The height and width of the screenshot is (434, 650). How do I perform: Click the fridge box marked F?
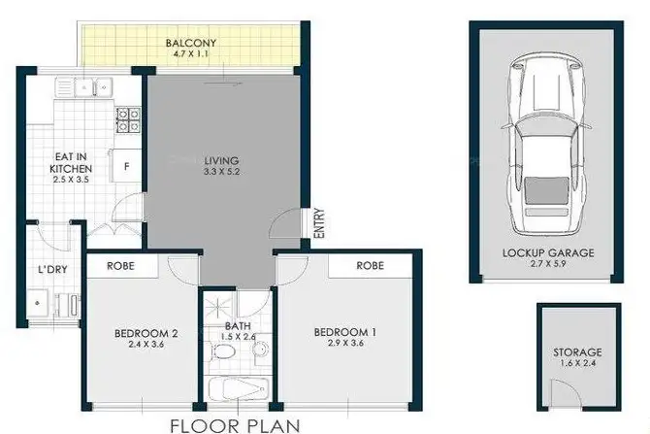126,166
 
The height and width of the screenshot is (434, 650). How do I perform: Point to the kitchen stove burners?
127,119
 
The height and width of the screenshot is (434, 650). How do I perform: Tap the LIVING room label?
221,160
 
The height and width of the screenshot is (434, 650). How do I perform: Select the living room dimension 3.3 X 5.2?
221,173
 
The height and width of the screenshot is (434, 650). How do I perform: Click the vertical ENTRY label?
319,224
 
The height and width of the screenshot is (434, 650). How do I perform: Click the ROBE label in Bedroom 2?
120,265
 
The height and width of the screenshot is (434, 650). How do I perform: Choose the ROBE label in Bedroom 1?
370,265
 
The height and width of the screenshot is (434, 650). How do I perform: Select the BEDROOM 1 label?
344,333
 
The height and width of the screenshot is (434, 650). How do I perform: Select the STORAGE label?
578,351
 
